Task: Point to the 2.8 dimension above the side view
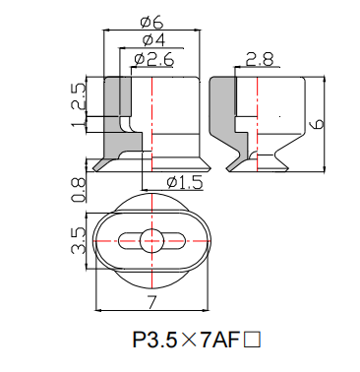(260, 60)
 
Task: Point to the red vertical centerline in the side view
(258, 128)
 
